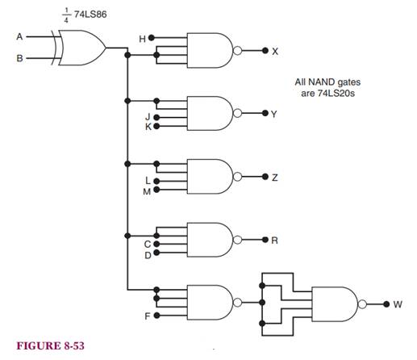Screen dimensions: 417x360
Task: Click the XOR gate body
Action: (x=81, y=48)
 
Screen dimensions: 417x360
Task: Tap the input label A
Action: (x=19, y=36)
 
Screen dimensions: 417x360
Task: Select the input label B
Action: (x=19, y=58)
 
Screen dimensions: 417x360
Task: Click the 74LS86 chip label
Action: (x=90, y=15)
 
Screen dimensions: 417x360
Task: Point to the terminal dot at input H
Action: (x=152, y=38)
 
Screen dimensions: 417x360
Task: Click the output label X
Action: (x=275, y=51)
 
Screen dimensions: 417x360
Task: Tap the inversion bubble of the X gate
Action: (x=237, y=51)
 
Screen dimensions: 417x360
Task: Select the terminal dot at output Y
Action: (x=265, y=113)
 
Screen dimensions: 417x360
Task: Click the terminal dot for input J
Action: (x=156, y=118)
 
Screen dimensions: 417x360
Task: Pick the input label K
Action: (x=148, y=127)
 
